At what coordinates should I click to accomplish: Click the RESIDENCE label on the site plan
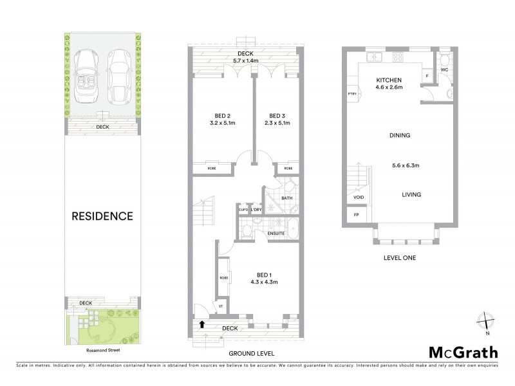103,216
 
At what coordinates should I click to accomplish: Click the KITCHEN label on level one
389,80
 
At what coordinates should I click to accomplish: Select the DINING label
400,136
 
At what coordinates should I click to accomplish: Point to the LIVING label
411,194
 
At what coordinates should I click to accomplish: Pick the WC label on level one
444,69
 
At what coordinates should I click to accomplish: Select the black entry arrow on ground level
203,324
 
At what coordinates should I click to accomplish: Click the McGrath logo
464,352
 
